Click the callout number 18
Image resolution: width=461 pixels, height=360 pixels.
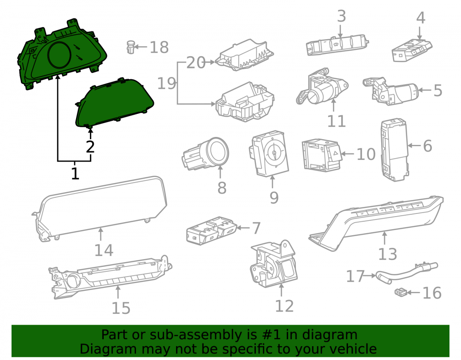tap(159, 47)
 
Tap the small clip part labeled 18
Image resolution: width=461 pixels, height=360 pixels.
tap(131, 47)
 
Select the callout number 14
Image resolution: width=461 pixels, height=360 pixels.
tap(103, 250)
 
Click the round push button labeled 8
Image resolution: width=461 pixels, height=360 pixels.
tap(206, 154)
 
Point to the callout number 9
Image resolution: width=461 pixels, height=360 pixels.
tap(274, 197)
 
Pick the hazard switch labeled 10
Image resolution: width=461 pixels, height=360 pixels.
tap(322, 155)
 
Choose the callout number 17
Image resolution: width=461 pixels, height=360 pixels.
tap(355, 277)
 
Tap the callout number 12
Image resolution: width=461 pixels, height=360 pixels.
tap(284, 306)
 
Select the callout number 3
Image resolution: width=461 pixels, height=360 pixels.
tap(341, 16)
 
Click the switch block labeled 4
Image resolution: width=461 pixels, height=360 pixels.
tap(412, 50)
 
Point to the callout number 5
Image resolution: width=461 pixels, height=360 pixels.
tap(438, 90)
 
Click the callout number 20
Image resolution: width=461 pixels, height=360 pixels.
tap(196, 63)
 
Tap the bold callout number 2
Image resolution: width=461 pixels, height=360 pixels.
tap(90, 147)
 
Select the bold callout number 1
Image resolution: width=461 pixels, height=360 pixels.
tap(75, 173)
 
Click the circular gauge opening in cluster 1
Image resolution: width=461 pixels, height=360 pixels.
tap(59, 55)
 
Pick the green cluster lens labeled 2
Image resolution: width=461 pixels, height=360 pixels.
tap(115, 103)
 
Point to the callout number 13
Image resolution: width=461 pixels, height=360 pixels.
tap(388, 254)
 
